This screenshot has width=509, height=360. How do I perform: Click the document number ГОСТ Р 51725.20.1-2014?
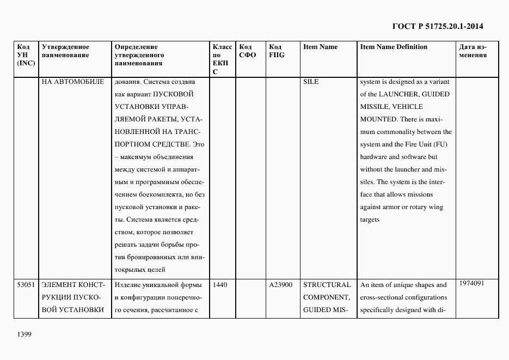click(437, 26)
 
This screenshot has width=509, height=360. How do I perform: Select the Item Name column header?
click(320, 47)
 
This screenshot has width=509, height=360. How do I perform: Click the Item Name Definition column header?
click(394, 47)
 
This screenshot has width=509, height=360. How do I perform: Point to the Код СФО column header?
click(247, 51)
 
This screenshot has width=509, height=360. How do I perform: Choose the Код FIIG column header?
click(277, 51)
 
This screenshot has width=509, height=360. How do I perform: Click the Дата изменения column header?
click(473, 51)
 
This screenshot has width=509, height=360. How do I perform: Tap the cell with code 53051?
click(26, 285)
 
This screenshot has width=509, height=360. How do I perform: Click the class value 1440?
click(220, 285)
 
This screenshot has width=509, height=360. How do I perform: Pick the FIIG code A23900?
click(280, 285)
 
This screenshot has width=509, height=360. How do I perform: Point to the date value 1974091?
click(472, 283)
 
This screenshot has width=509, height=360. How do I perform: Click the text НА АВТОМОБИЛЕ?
click(72, 82)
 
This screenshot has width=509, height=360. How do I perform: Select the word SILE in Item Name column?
click(311, 82)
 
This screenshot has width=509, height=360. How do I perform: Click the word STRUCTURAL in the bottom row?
click(327, 285)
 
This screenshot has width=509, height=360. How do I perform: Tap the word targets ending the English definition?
click(370, 219)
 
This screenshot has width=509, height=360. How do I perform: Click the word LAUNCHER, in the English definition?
click(402, 94)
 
